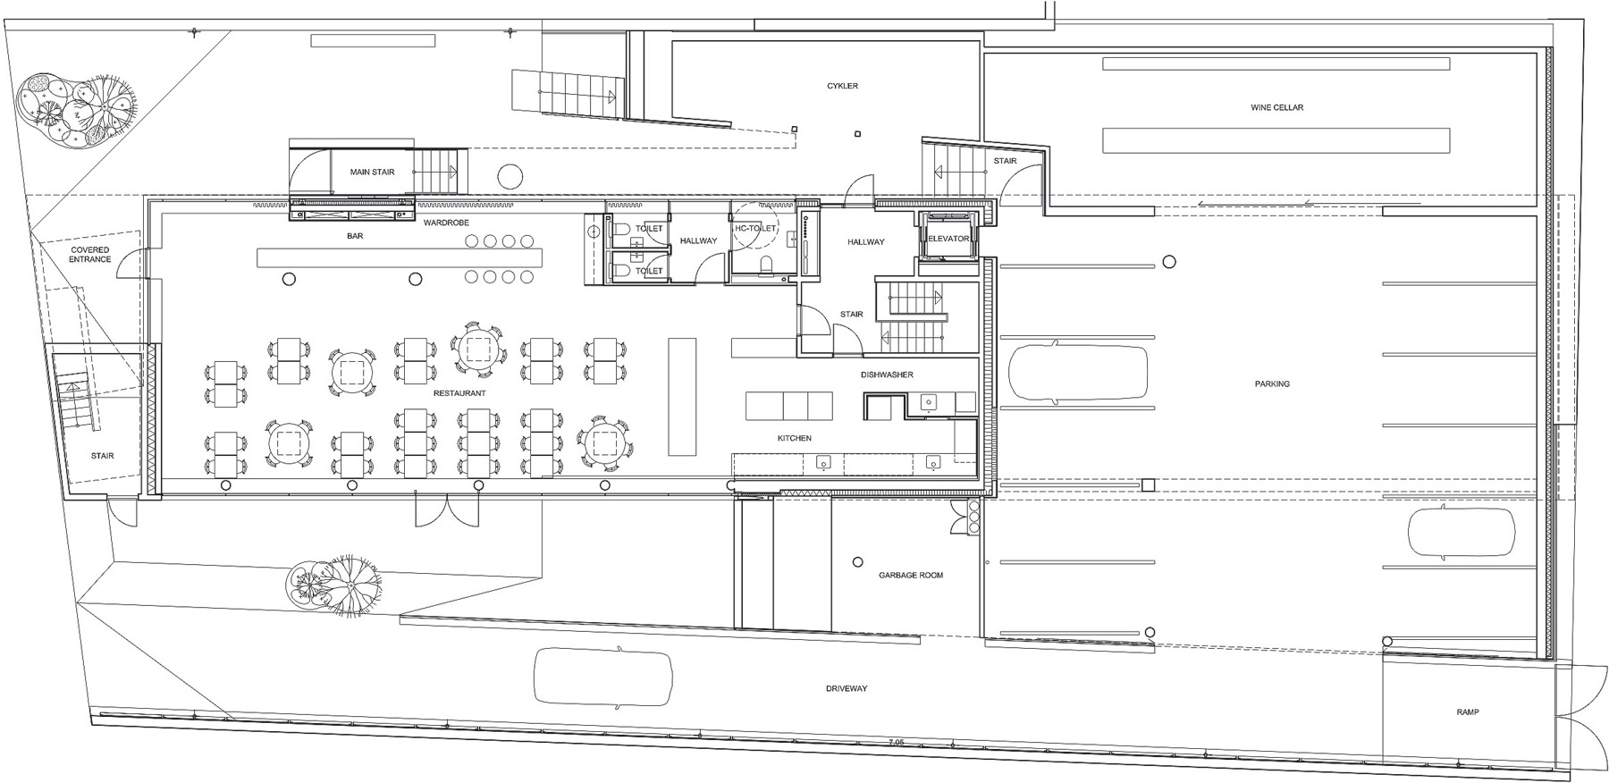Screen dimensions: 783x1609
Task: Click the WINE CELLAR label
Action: tap(1276, 107)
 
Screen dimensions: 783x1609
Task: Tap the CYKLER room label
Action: tap(842, 86)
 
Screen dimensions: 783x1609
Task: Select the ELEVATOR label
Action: tap(948, 239)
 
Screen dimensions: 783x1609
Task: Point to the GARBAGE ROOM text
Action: tap(910, 575)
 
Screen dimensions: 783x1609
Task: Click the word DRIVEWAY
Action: tap(846, 688)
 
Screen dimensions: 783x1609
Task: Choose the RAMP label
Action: tap(1467, 712)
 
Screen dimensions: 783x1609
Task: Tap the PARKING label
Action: tap(1272, 383)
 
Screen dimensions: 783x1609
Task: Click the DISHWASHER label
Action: tap(887, 375)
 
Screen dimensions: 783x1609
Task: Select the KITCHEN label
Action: tap(794, 438)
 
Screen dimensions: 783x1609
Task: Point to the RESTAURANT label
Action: tap(459, 393)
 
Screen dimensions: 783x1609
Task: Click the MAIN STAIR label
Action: tap(372, 172)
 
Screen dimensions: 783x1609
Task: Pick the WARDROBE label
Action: tap(446, 223)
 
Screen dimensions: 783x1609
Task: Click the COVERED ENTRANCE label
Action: tap(90, 255)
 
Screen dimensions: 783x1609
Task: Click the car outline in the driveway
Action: tap(602, 677)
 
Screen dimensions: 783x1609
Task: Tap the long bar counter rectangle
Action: tap(400, 257)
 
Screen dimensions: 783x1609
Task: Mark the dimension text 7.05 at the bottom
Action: tap(897, 742)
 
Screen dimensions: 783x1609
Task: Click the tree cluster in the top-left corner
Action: tap(77, 111)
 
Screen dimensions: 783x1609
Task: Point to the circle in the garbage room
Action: tap(857, 562)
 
